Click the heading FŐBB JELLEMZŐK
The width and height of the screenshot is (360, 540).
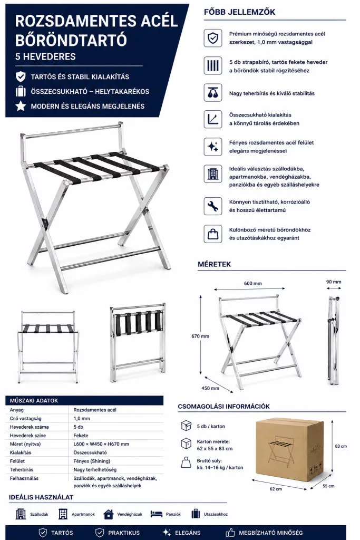pos(239,12)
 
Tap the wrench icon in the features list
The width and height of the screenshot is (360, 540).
pos(213,206)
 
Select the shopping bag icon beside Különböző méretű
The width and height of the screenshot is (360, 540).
pos(213,234)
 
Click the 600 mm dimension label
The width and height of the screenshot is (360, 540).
pos(253,283)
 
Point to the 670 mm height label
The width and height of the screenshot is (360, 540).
pos(200,336)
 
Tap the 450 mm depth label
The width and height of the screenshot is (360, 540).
pos(210,388)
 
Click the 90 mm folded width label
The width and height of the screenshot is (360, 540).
pos(334,282)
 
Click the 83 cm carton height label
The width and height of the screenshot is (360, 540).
pos(340,446)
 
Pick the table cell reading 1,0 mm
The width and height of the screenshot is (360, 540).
pos(82,418)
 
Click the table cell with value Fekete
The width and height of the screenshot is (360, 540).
pos(81,435)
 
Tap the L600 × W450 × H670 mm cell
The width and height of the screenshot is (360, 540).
pos(101,444)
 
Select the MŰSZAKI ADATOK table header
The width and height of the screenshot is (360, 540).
pos(34,401)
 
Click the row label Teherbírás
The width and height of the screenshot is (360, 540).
pos(22,469)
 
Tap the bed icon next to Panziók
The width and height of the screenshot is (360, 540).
pos(156,514)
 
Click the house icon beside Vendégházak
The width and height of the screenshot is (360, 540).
pos(109,514)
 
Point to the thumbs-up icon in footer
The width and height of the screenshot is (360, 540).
pos(230,533)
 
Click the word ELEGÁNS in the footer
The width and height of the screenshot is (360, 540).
pos(188,533)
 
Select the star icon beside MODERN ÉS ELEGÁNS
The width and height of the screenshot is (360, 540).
pos(21,105)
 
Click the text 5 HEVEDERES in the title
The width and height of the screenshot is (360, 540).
pos(45,56)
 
